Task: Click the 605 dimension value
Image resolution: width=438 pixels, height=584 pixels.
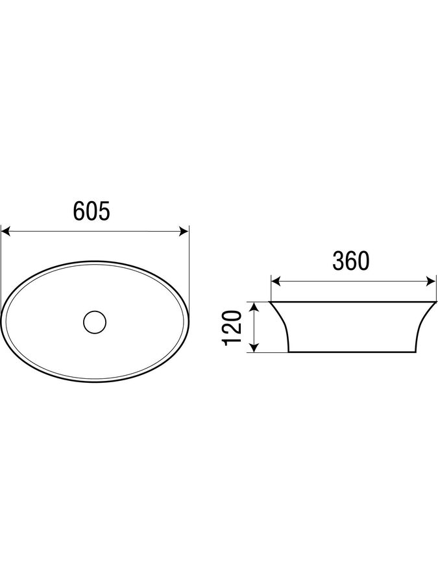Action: [x=91, y=211]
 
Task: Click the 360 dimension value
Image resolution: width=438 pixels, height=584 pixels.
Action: [x=351, y=261]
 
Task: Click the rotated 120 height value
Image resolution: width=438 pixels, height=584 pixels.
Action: [x=232, y=327]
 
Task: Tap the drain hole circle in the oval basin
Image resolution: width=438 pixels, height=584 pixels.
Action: [x=95, y=321]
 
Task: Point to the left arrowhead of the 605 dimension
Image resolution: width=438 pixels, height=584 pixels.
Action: [x=6, y=232]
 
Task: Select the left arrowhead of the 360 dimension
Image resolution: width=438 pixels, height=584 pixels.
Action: [x=276, y=282]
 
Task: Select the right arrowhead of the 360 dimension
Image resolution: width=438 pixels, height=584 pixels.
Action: [x=432, y=282]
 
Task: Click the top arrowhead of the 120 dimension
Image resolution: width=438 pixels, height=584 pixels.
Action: [x=254, y=307]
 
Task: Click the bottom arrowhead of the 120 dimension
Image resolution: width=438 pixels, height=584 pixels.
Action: [x=254, y=347]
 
